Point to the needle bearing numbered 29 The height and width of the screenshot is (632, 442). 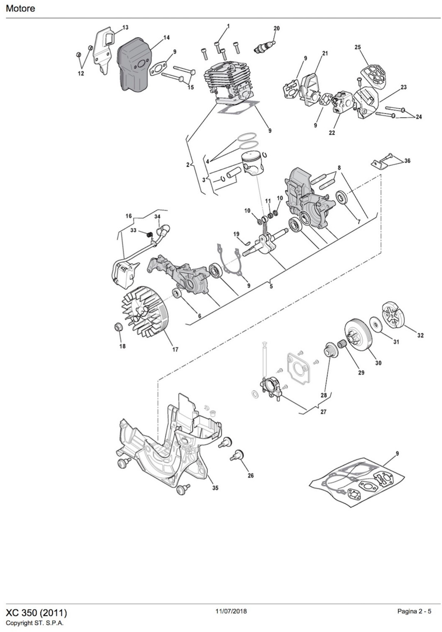pyautogui.click(x=342, y=344)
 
